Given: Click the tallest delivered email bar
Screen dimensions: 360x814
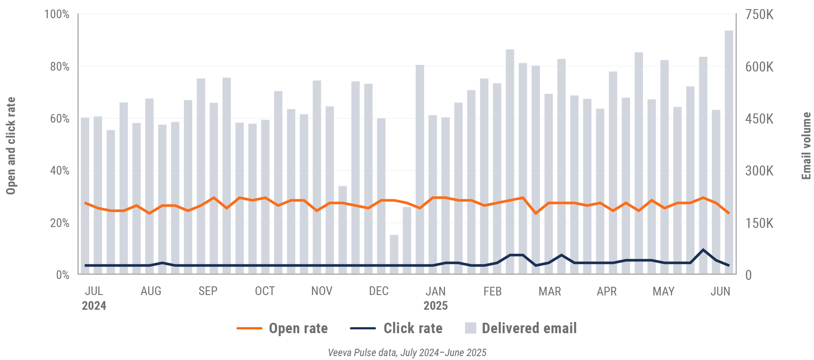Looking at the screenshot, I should (x=729, y=152).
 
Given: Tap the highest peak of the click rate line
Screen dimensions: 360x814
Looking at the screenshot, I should (x=703, y=250).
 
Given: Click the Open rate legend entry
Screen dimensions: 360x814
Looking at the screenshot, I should (x=282, y=328).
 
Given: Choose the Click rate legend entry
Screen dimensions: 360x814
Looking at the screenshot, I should (x=396, y=328).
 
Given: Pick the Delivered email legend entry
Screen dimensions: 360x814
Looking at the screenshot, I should (x=521, y=328).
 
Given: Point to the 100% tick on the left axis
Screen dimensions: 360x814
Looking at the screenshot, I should (x=57, y=14).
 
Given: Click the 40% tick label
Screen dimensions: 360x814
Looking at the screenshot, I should (x=60, y=171).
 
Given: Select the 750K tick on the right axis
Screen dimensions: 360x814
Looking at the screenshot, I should (x=759, y=15).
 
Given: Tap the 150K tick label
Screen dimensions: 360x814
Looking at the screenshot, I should (x=759, y=223).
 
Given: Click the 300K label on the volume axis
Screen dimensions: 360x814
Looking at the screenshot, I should (x=759, y=171).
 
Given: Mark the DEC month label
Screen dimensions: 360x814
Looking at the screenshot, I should (x=378, y=291).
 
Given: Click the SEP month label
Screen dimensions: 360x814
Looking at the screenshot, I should (x=208, y=291).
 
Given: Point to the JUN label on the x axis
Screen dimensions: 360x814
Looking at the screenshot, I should (x=720, y=291).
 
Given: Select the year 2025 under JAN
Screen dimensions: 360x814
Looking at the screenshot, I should (x=436, y=306).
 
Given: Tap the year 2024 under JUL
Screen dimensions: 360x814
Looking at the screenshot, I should (x=94, y=306).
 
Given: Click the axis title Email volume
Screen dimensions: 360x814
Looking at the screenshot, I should (x=806, y=146).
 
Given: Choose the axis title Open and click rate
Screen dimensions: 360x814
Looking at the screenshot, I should (x=11, y=146).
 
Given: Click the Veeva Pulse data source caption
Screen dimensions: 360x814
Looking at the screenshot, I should (x=407, y=353).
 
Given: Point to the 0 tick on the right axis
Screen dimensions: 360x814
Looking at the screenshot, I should (x=748, y=275).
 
